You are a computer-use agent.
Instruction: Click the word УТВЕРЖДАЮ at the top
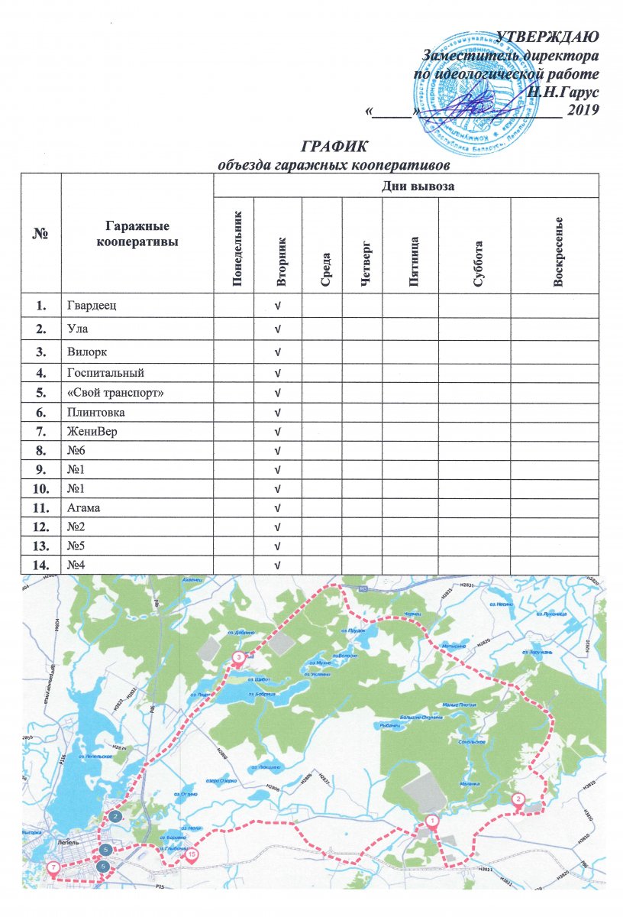pos(547,35)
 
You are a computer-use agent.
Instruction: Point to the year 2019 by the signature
pos(581,110)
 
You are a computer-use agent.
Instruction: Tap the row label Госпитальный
pos(106,374)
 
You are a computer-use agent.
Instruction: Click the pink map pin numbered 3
pos(238,656)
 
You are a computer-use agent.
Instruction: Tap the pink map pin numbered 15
pos(191,854)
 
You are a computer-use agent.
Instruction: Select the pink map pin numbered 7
pos(53,867)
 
